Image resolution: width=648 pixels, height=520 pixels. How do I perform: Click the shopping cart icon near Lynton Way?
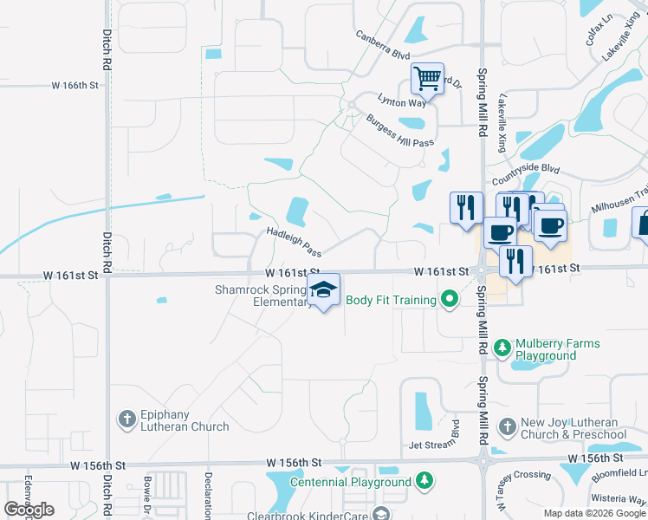click(427, 80)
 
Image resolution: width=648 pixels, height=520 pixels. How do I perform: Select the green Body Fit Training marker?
click(449, 301)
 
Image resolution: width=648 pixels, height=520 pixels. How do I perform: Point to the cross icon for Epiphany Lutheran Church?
click(126, 419)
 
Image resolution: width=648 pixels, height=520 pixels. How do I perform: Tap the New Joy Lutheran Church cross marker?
click(507, 427)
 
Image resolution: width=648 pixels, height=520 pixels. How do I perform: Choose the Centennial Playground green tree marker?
click(424, 480)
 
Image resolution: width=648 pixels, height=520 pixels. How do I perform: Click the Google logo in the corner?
click(29, 509)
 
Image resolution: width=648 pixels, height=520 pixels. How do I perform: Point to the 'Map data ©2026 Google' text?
click(594, 513)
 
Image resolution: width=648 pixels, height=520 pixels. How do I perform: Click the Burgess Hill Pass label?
click(399, 131)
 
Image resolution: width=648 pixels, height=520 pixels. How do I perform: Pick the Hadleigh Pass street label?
click(294, 242)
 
